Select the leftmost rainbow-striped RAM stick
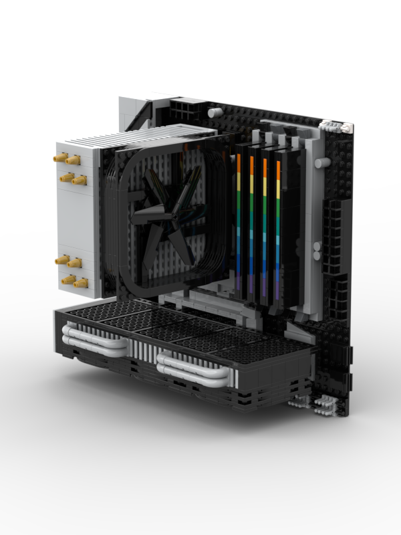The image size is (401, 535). tap(239, 221)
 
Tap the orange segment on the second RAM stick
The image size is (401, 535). tap(252, 167)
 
